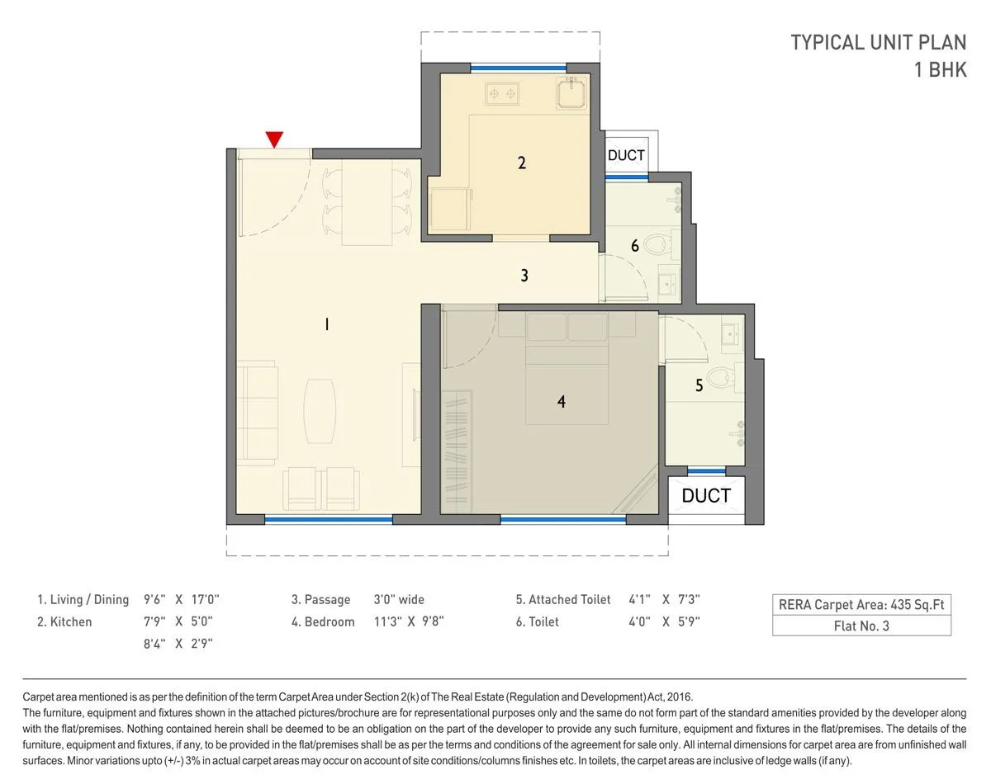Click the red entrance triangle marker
coord(274,139)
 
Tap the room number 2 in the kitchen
coord(521,163)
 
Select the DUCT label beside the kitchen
coord(626,155)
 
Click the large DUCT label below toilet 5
coord(706,495)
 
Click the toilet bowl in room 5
coord(724,375)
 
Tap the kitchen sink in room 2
coord(571,92)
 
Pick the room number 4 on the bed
coord(562,402)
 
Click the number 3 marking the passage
coord(524,276)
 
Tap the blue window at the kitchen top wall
coord(518,68)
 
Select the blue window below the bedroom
coord(562,520)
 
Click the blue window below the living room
coord(328,520)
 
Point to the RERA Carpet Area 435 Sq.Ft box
coord(861,605)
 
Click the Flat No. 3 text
coord(861,626)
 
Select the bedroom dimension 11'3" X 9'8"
coord(409,622)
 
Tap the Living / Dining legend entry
coord(83,600)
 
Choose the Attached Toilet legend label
coord(563,600)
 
